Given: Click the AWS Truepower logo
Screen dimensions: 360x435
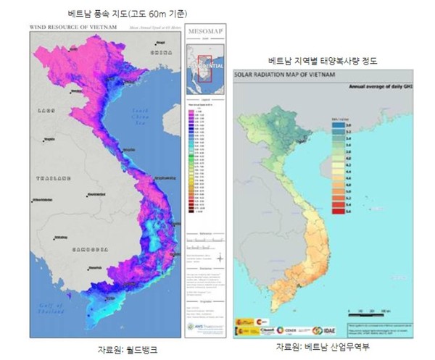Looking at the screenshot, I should [205, 325].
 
